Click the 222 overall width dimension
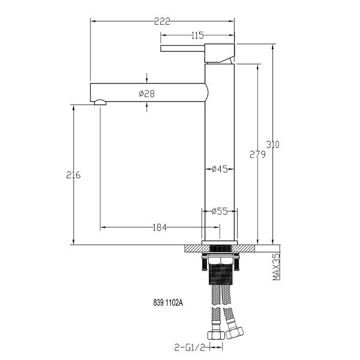pyautogui.click(x=163, y=21)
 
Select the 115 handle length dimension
pyautogui.click(x=197, y=35)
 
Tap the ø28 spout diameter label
pyautogui.click(x=147, y=94)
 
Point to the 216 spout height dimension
pyautogui.click(x=73, y=175)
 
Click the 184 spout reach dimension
pyautogui.click(x=160, y=227)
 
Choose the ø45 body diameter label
pyautogui.click(x=219, y=169)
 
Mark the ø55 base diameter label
pyautogui.click(x=219, y=211)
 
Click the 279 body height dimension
pyautogui.click(x=257, y=154)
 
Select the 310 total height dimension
pyautogui.click(x=273, y=145)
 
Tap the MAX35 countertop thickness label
pyautogui.click(x=277, y=267)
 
